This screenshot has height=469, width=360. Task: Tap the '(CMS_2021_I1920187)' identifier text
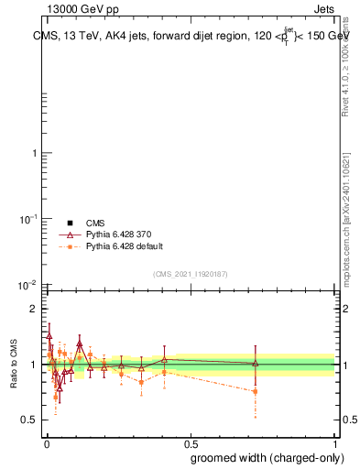click(190, 274)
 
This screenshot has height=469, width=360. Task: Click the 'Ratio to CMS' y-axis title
click(14, 364)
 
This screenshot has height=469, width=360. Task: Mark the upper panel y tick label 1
click(34, 153)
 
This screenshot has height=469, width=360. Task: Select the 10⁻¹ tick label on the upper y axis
click(28, 219)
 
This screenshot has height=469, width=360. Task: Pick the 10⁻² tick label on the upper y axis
click(28, 285)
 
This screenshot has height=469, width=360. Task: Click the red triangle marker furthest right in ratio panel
click(255, 364)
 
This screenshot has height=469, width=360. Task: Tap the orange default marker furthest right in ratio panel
click(255, 391)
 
